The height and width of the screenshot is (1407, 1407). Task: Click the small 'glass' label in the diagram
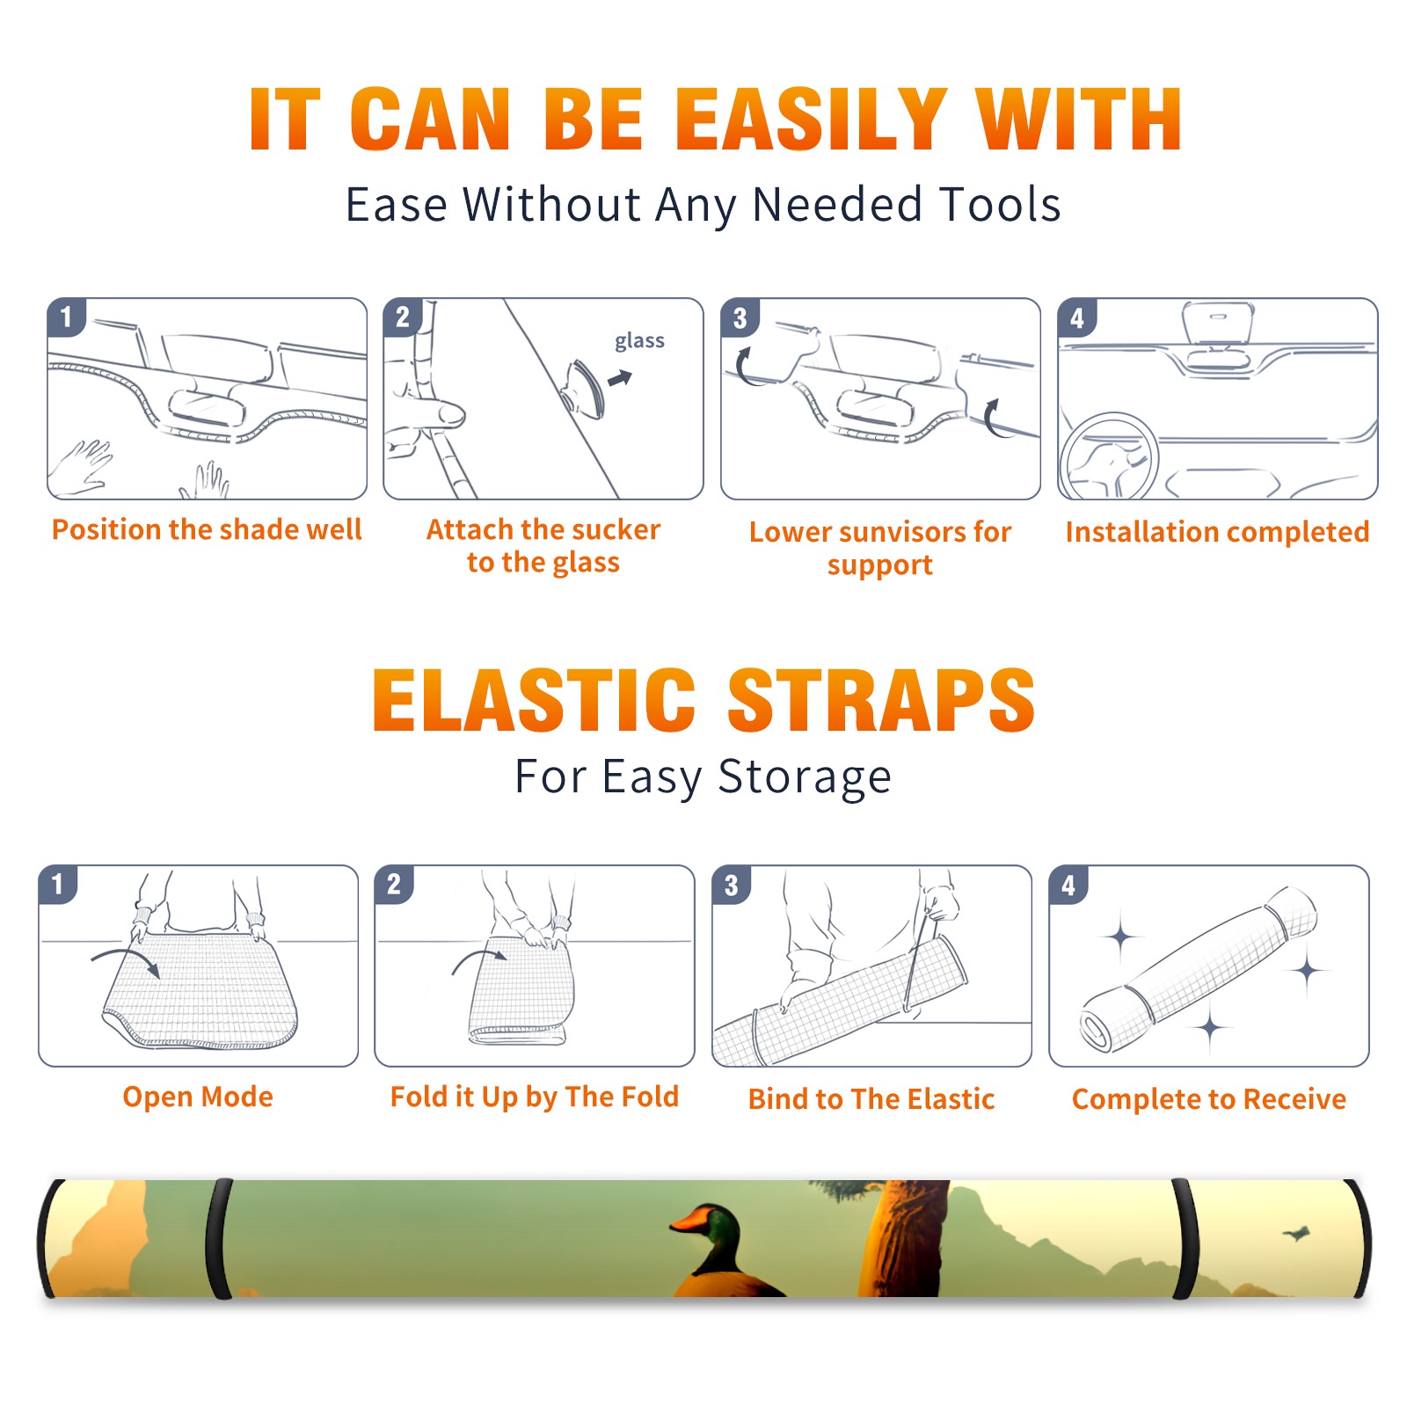click(639, 340)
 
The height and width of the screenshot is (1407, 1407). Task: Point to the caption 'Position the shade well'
click(207, 529)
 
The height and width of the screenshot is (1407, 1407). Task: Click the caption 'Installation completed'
click(1217, 532)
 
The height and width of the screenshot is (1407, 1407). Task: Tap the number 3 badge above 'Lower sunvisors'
click(740, 317)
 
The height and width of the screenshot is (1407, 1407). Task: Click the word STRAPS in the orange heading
click(881, 700)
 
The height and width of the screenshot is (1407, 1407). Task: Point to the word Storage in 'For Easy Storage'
click(805, 777)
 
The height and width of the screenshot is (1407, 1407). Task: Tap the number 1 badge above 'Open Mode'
click(58, 885)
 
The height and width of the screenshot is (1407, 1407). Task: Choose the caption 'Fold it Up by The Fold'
click(535, 1097)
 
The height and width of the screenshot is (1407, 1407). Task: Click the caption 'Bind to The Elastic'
click(871, 1099)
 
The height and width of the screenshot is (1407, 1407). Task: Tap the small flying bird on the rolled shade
click(1296, 1234)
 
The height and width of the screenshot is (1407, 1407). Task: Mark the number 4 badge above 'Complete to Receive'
click(1068, 885)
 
